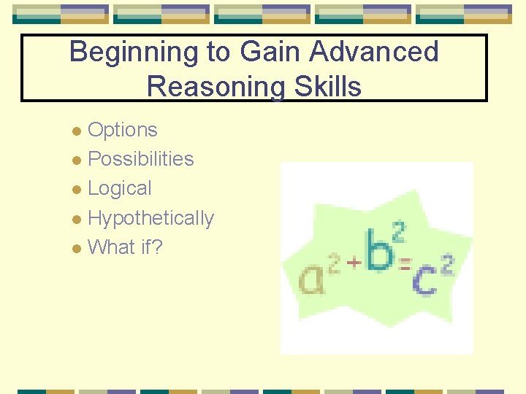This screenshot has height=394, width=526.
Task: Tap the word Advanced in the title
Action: tap(373, 53)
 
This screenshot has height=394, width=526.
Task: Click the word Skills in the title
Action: tap(326, 87)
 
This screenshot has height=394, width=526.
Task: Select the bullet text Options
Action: tap(122, 130)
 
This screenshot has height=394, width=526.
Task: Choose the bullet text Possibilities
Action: tap(140, 159)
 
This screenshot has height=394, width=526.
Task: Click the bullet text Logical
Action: tap(119, 188)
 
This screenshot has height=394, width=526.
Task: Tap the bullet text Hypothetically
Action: tap(150, 218)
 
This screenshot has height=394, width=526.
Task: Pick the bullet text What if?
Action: tap(125, 247)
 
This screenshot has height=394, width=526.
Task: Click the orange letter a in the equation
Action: tap(312, 279)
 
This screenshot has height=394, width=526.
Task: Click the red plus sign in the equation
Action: tap(354, 262)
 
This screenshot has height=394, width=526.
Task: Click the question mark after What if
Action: tap(157, 247)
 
